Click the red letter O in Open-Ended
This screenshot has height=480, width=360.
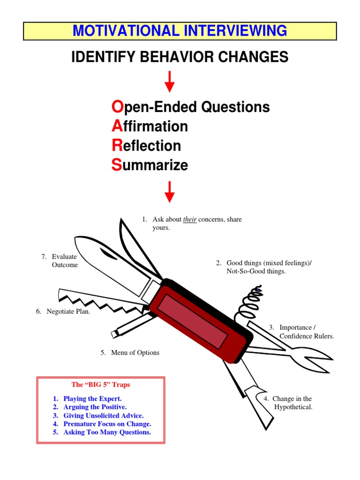(x=117, y=107)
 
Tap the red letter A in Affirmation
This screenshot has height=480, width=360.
(x=116, y=127)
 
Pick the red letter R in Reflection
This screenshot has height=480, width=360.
(x=117, y=146)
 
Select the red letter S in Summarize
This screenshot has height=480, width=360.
(x=116, y=165)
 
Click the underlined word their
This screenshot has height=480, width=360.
(x=189, y=219)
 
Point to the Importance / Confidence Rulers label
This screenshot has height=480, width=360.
(x=306, y=331)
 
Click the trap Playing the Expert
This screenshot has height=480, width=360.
(x=92, y=398)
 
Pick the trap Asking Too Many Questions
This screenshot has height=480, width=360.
(x=107, y=432)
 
